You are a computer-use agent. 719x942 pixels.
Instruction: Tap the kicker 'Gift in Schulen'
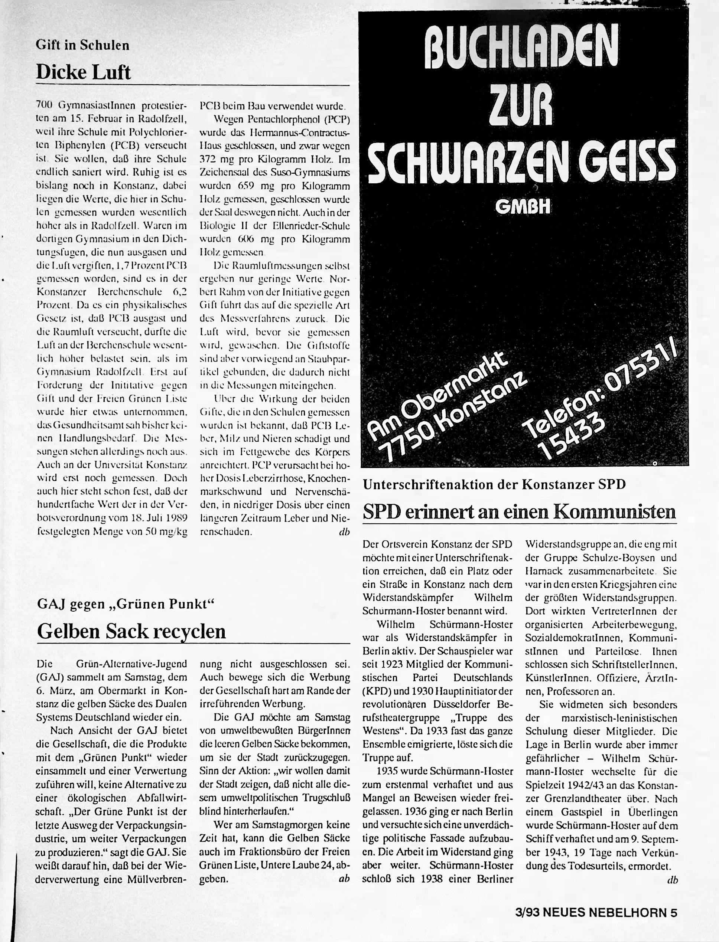point(82,45)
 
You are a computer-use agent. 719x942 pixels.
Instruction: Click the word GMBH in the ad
point(523,207)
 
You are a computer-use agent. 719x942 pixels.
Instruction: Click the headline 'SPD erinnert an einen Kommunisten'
point(519,512)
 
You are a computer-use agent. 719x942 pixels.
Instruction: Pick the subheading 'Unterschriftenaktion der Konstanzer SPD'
point(494,484)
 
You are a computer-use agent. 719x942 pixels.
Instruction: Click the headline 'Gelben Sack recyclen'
point(131,631)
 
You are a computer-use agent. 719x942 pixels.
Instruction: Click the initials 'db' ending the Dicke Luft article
point(344,532)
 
